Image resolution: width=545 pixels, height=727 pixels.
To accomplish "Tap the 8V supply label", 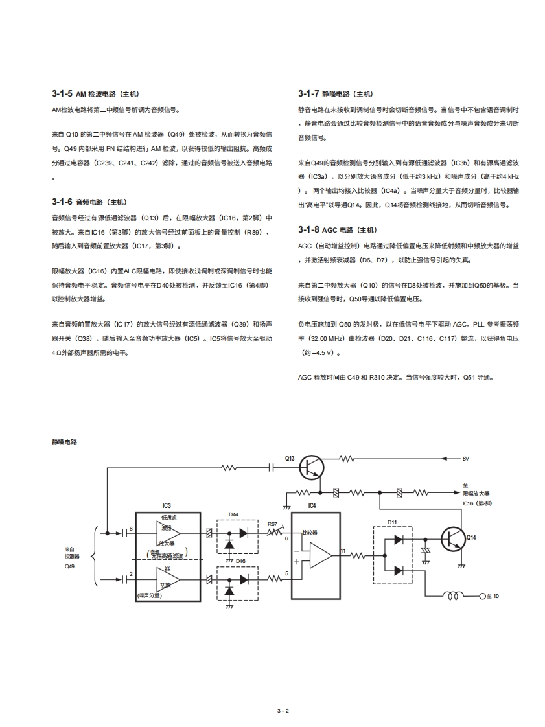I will click(465, 459).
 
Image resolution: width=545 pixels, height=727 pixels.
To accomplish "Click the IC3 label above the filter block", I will click(167, 505).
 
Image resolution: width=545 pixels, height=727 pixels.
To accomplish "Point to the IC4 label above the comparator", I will click(312, 505).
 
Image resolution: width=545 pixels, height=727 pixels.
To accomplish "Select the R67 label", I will click(272, 523).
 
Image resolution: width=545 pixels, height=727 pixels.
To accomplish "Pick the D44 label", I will click(233, 514).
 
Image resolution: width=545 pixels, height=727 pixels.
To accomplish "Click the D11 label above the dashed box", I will click(392, 522).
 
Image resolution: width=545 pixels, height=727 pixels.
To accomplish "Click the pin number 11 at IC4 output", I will click(343, 550).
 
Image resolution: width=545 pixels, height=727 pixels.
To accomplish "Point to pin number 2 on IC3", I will click(131, 574).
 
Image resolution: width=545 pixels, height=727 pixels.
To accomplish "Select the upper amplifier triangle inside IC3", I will click(168, 533).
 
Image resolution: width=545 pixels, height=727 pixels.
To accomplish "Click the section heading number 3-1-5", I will click(62, 94).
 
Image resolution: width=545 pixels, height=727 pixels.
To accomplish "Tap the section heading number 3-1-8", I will click(308, 229).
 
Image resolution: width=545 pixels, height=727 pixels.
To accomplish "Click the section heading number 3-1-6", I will click(62, 202).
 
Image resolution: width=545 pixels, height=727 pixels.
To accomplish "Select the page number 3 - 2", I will click(283, 711).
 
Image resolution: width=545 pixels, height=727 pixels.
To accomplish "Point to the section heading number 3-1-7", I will click(308, 94).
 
